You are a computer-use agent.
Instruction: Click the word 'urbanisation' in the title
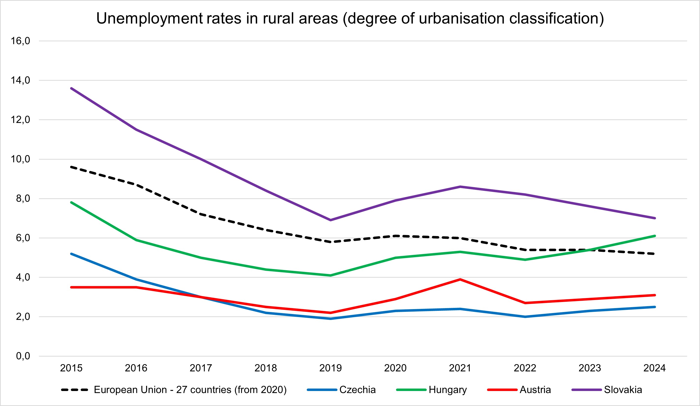tap(461, 19)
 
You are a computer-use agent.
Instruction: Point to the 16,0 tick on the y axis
tap(20, 41)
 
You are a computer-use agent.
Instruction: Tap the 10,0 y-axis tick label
tap(20, 159)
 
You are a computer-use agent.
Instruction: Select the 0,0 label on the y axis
tap(23, 356)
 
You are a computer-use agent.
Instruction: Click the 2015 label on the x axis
tap(71, 368)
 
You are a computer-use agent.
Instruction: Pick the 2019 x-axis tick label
tap(331, 368)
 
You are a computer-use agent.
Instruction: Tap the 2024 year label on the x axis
tap(655, 368)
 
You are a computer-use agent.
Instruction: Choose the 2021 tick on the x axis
tap(460, 368)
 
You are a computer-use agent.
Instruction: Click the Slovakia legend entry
tap(623, 390)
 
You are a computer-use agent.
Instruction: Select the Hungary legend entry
tap(447, 390)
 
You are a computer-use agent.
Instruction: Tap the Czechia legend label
tap(357, 390)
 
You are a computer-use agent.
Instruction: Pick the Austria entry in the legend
tap(535, 390)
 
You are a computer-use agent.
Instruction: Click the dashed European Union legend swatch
tap(75, 390)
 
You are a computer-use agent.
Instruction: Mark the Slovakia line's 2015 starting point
tap(71, 88)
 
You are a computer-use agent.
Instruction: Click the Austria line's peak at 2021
tap(460, 279)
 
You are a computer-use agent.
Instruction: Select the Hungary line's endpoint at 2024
tap(655, 236)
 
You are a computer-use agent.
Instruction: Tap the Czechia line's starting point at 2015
tap(71, 254)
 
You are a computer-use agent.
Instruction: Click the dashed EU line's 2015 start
tap(71, 167)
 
